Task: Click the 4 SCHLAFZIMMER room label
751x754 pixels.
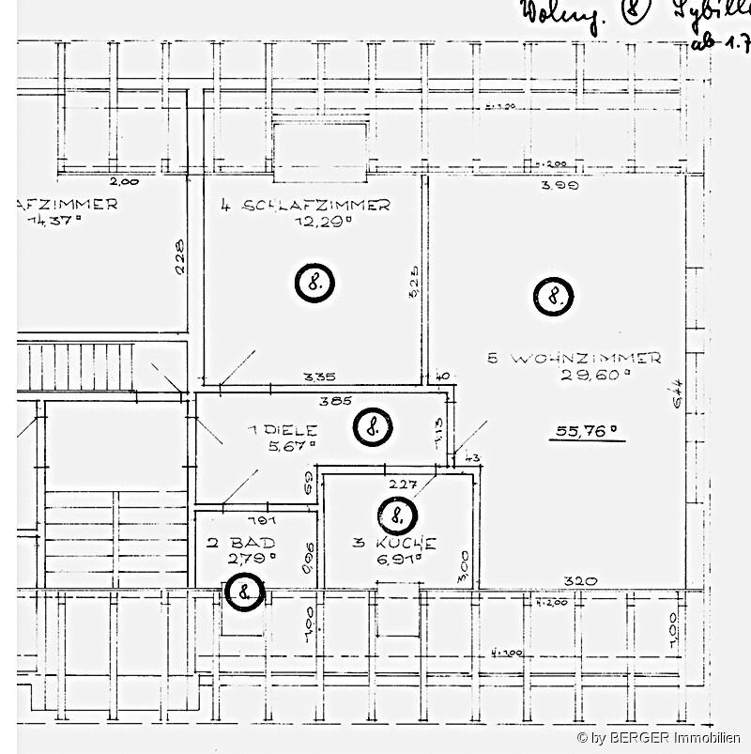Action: click(305, 206)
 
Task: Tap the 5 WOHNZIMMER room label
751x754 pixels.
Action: click(575, 358)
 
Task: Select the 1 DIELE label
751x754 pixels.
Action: click(283, 430)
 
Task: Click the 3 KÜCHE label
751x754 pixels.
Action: click(393, 543)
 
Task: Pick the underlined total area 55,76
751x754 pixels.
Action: click(587, 432)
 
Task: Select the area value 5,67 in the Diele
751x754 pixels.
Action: click(292, 446)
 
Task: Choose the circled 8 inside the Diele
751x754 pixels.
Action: click(373, 426)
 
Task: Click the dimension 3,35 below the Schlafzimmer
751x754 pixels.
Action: click(319, 377)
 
